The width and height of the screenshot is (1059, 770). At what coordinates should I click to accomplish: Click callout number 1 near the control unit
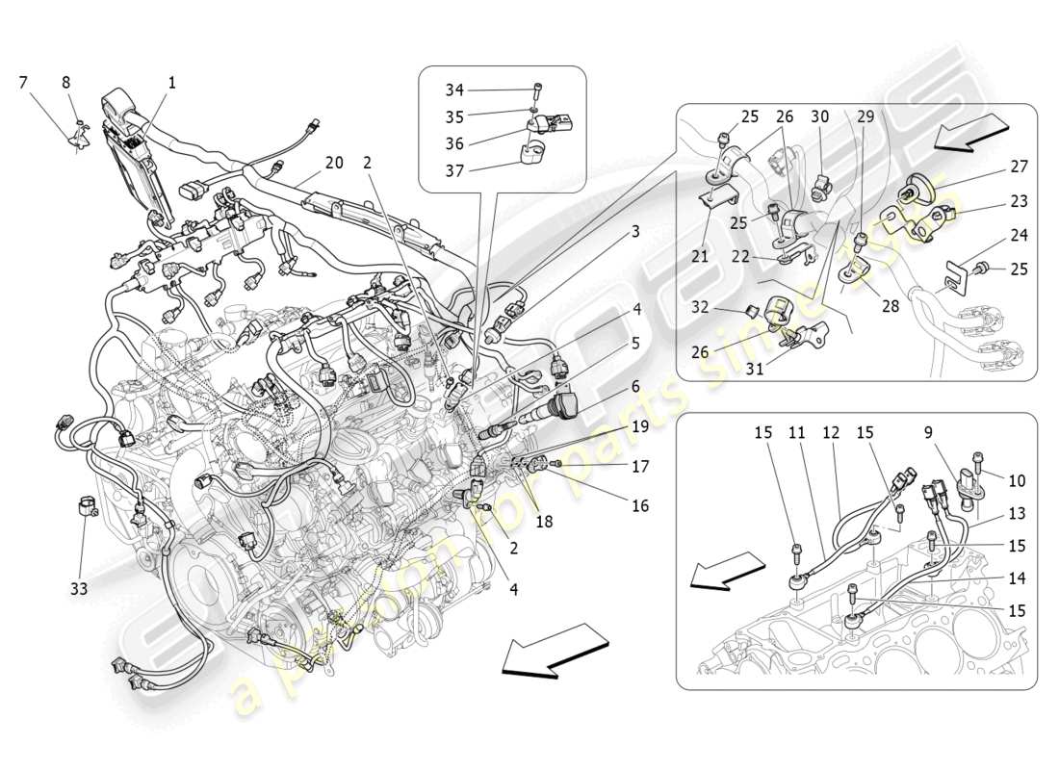tap(172, 84)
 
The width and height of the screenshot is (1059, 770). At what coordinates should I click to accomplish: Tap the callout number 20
tap(333, 164)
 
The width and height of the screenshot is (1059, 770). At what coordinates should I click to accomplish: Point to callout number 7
tap(23, 83)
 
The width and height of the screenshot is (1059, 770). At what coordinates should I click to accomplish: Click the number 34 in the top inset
tap(454, 90)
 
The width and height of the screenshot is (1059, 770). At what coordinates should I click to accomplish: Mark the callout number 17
tap(639, 466)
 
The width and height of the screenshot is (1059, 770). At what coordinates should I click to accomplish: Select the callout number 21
tap(698, 257)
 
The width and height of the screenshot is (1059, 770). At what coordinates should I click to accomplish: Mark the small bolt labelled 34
tap(536, 90)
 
